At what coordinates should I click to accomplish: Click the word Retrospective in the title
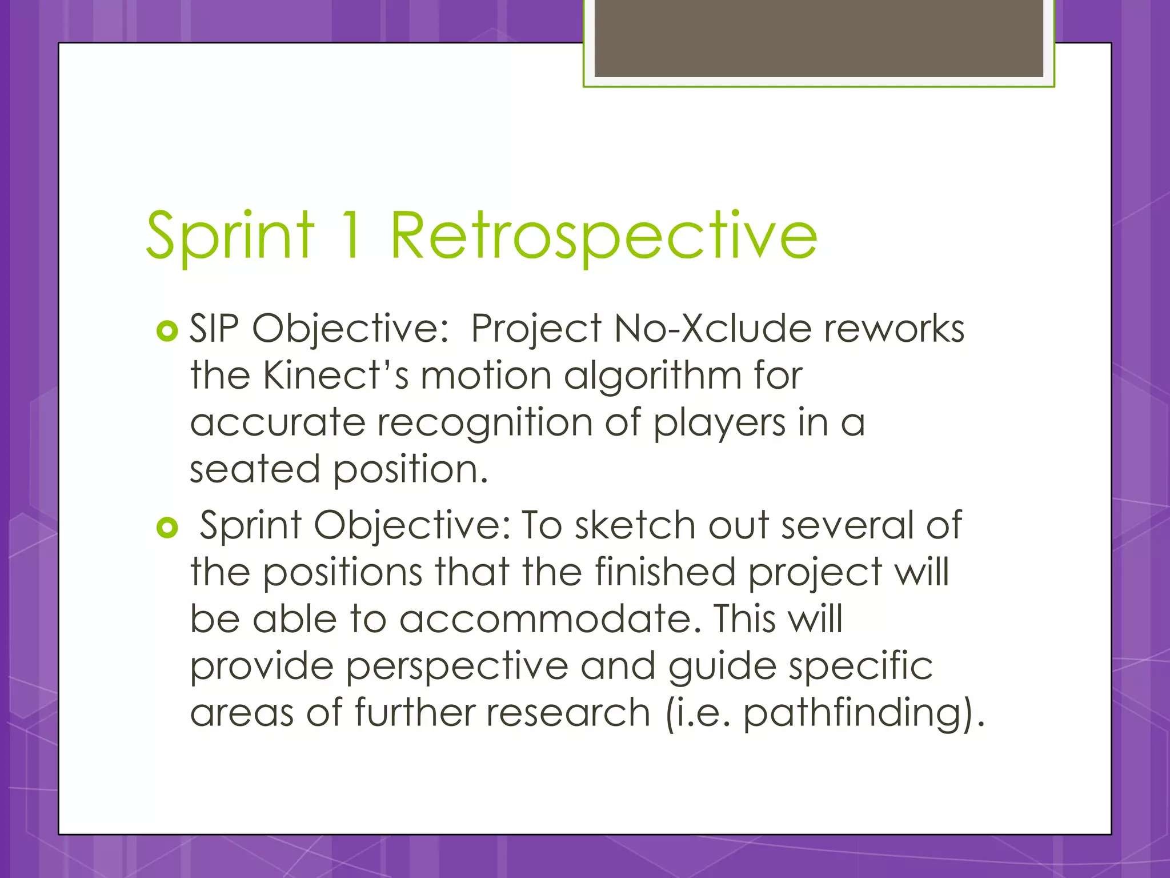[603, 236]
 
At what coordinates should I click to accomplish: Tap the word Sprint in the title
[230, 236]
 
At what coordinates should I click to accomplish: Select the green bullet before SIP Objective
[167, 330]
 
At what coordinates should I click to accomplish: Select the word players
[720, 424]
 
